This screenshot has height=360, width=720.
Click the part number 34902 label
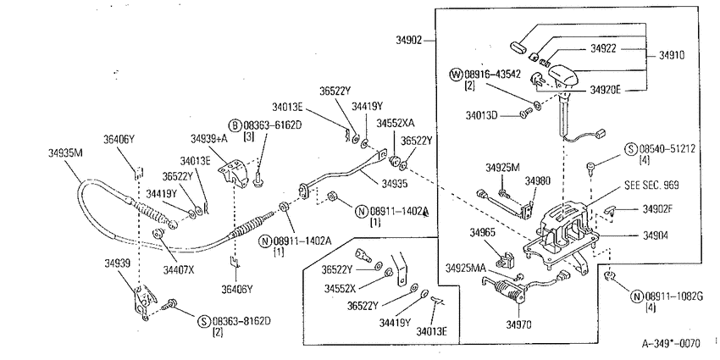408,41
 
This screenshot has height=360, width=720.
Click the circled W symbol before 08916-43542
457,75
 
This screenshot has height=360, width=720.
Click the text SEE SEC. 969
651,185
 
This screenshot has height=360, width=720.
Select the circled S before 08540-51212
631,149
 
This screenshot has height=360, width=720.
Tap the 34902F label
657,209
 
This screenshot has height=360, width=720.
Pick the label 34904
656,235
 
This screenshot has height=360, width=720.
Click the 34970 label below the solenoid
518,325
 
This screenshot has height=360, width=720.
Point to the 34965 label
482,233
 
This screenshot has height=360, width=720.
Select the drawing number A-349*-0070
671,343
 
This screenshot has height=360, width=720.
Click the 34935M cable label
66,153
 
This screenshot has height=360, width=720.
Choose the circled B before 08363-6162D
235,125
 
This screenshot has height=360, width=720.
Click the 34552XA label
396,124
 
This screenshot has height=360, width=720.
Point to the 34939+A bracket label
209,138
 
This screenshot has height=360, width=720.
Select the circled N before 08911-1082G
637,296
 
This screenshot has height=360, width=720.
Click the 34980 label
538,180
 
